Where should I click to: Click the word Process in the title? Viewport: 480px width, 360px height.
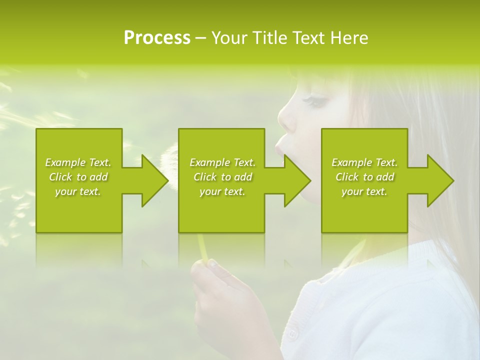(157, 38)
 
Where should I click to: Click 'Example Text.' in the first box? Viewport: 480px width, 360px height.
(78, 162)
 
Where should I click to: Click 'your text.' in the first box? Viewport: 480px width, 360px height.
(78, 191)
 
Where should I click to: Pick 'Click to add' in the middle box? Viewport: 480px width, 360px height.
(222, 177)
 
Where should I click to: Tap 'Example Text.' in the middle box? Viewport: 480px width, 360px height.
(222, 162)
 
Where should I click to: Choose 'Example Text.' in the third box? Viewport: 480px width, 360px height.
(364, 162)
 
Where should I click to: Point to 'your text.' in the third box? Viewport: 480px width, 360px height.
(364, 191)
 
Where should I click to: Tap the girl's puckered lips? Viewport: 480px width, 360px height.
(280, 147)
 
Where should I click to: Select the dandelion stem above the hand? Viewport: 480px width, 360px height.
(202, 247)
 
